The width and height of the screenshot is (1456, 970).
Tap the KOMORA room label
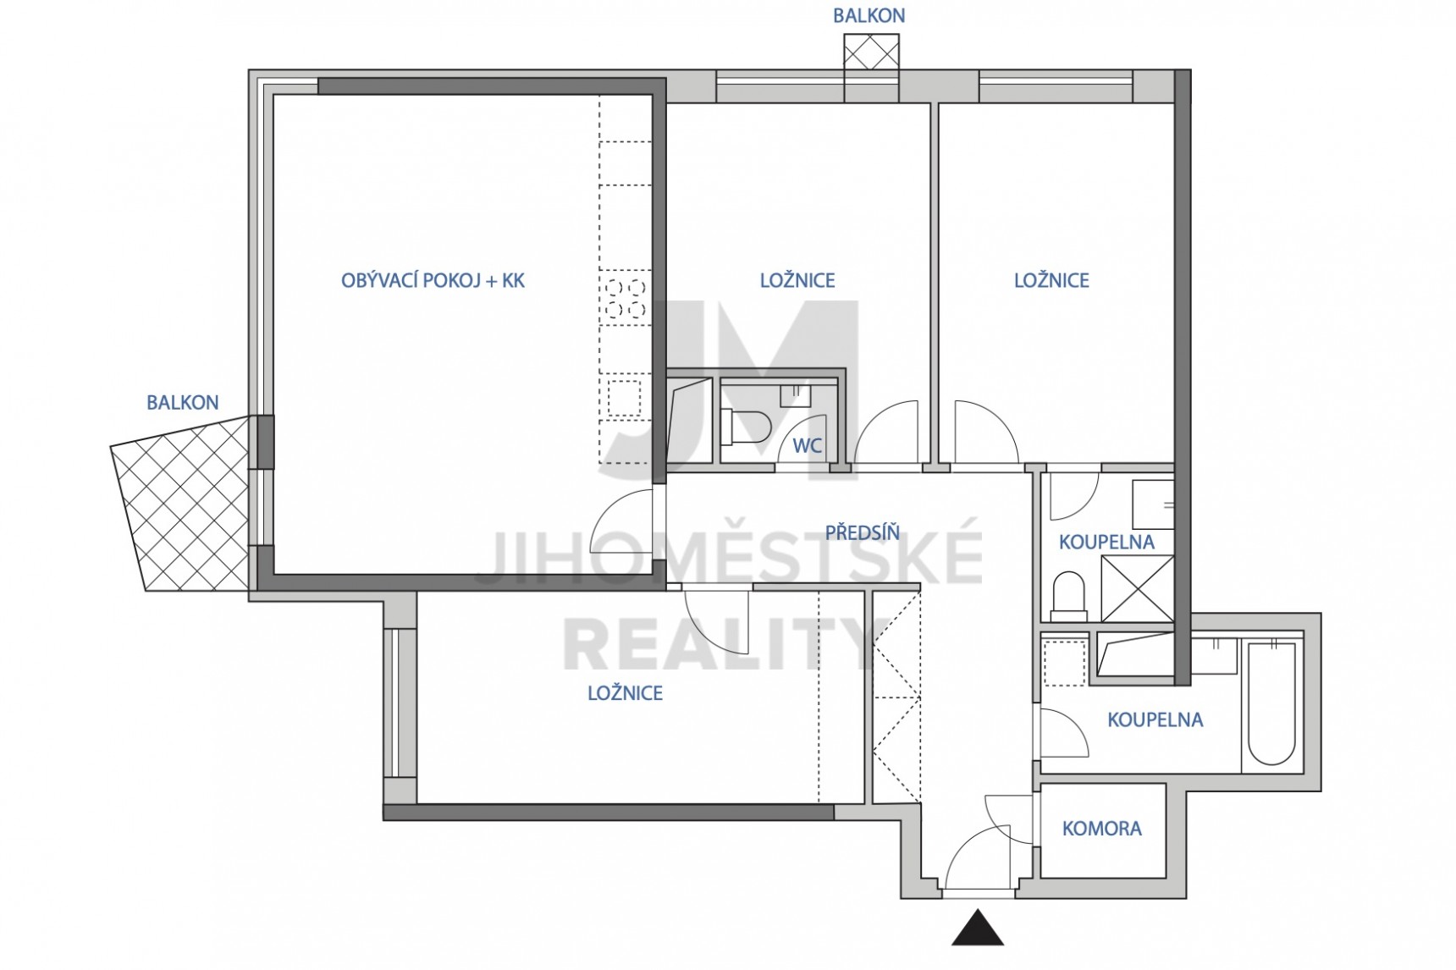click(x=1101, y=829)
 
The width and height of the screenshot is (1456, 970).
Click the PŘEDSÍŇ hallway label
click(x=863, y=532)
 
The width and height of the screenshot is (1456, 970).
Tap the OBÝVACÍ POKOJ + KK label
click(x=433, y=280)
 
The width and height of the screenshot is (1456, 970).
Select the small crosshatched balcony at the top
click(x=871, y=54)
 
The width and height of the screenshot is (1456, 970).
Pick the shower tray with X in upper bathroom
click(x=1137, y=589)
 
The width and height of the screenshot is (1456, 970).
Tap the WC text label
click(x=807, y=445)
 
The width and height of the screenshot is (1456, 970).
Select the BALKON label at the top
click(x=869, y=15)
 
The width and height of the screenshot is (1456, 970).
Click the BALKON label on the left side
click(x=183, y=402)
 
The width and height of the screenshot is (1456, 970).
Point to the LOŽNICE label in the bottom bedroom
click(x=626, y=693)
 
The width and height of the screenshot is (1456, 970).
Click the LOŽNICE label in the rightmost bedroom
click(x=1051, y=280)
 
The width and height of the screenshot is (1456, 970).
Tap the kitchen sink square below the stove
click(x=625, y=398)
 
